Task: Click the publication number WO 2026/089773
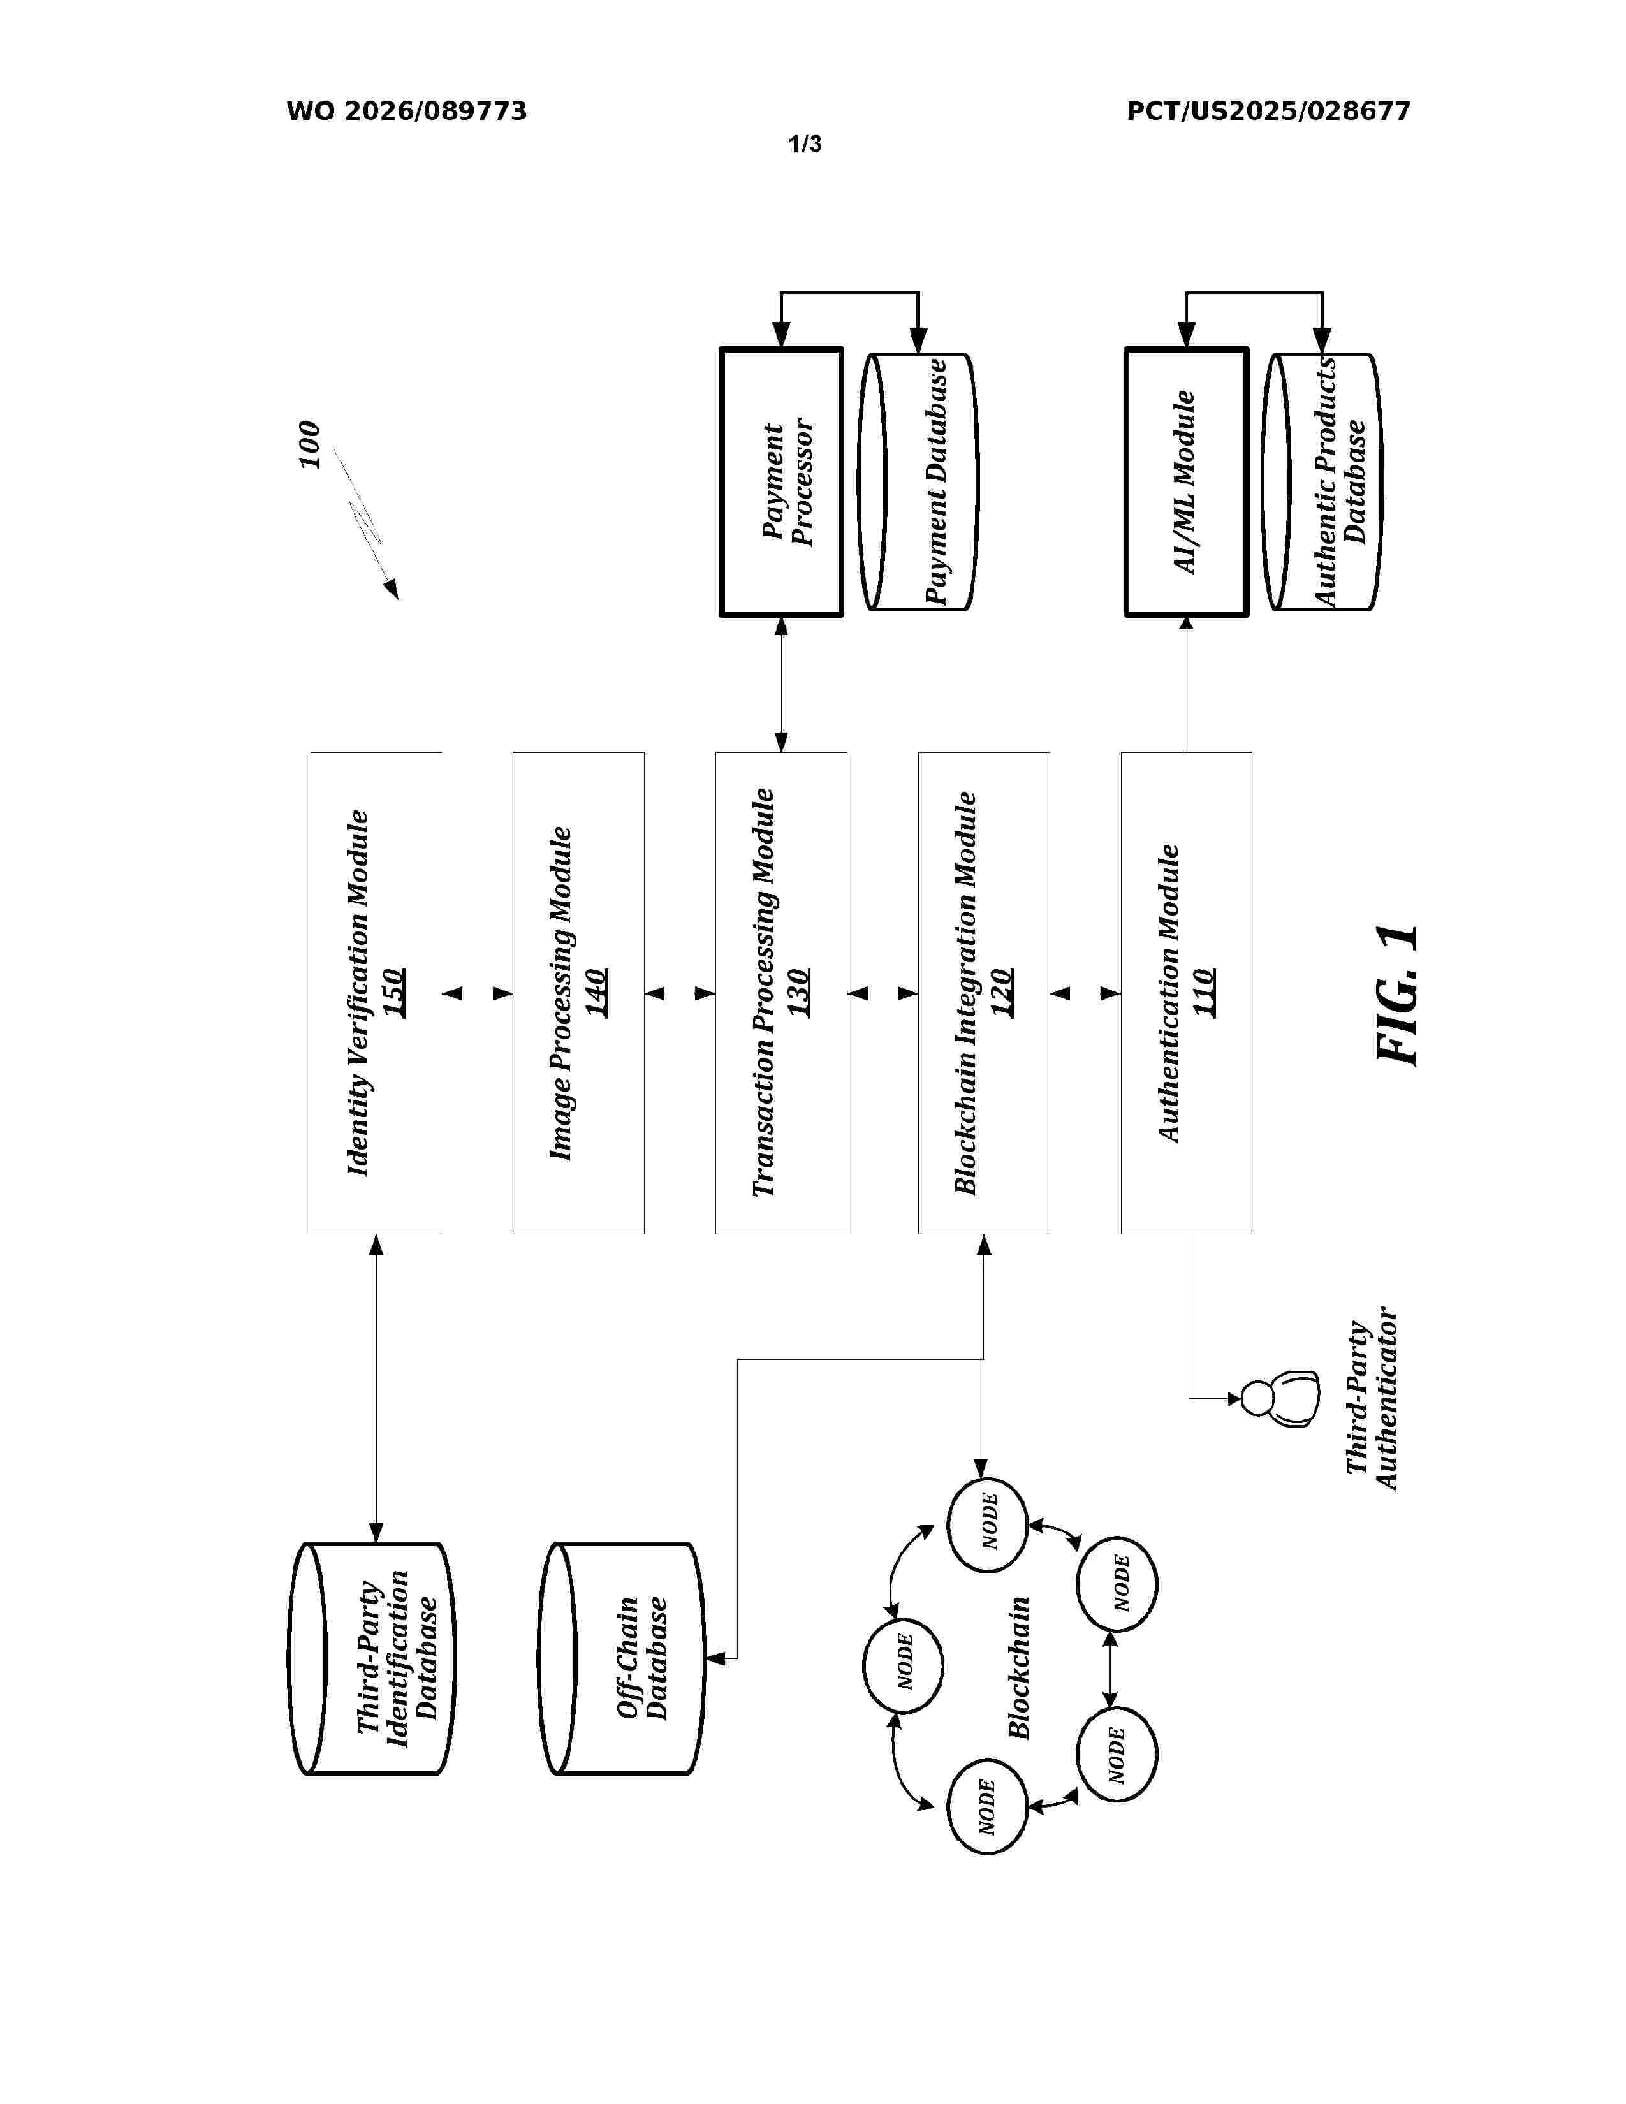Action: [x=407, y=112]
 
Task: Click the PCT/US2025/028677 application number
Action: [x=1269, y=112]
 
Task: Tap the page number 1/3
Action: [x=805, y=145]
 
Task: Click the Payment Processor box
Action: [x=781, y=481]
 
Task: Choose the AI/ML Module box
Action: [x=1187, y=481]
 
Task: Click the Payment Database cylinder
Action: [x=918, y=481]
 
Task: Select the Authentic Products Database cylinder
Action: [x=1322, y=481]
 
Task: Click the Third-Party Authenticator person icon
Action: [x=1279, y=1397]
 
